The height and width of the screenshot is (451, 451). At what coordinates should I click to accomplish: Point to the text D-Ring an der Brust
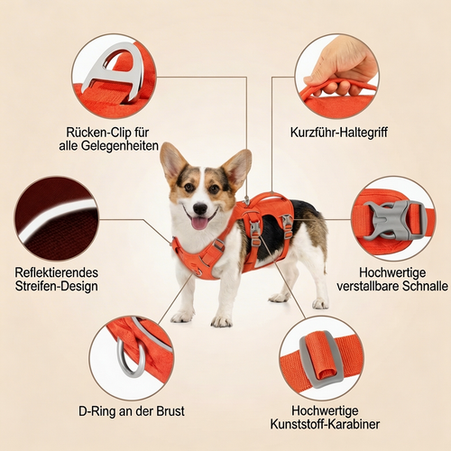(x=132, y=411)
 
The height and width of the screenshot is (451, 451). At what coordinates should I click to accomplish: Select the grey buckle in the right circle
(x=392, y=219)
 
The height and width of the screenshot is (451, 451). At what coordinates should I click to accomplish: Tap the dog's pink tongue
(x=199, y=221)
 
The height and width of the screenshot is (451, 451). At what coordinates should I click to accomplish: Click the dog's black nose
(x=198, y=207)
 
